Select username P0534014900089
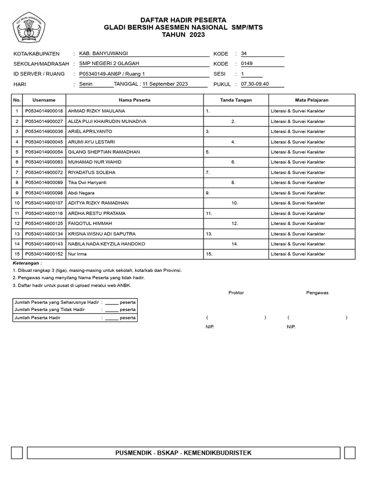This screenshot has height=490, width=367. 44,183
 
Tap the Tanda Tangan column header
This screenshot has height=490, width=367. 236,100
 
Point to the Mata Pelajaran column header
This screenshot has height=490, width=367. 312,100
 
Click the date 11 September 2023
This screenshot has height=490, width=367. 165,84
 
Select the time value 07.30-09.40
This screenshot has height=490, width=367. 255,84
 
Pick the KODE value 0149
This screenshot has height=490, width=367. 247,64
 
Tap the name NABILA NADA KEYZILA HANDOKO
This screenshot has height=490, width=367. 107,244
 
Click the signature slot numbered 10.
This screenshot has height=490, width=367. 235,203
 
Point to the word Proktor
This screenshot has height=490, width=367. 236,293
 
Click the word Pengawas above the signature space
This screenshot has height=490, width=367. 317,293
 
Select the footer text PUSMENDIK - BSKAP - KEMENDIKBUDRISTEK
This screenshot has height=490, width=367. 183,453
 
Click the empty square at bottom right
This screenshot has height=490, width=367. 349,453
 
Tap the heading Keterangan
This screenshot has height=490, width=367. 27,263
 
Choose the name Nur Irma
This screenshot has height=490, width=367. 77,254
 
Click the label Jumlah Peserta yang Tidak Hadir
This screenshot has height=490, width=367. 50,310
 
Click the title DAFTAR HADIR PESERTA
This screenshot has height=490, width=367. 183,20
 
